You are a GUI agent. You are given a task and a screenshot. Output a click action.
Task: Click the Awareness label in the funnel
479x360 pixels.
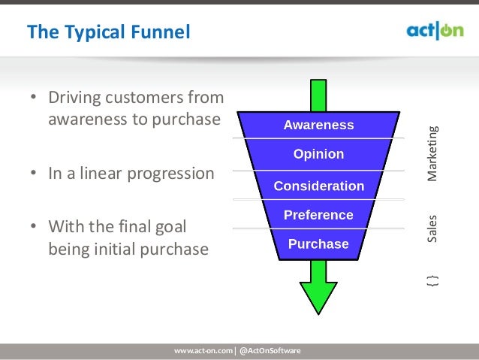[318, 126]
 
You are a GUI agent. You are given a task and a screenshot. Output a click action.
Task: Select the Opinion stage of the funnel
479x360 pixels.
[318, 155]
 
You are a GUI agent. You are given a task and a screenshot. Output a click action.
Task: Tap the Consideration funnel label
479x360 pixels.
[318, 186]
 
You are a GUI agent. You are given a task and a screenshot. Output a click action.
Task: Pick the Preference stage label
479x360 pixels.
[318, 215]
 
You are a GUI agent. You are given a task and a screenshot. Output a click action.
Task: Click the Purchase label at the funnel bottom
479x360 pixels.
[318, 244]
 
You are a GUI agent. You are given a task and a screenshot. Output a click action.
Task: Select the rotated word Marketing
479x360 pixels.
[432, 153]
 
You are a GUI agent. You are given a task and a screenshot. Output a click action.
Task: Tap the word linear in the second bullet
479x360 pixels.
[99, 174]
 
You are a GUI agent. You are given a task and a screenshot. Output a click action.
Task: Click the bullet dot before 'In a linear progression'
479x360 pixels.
[34, 174]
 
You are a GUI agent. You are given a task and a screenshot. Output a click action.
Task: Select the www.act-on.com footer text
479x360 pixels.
[203, 351]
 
